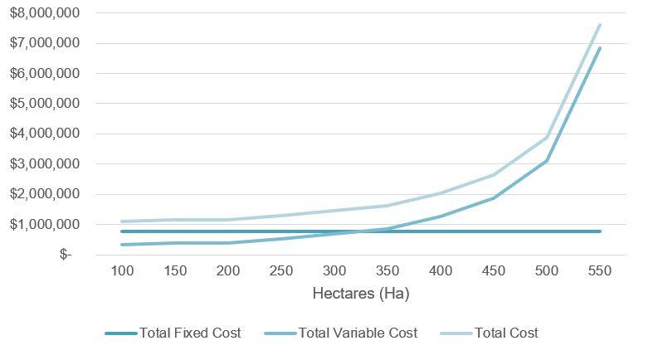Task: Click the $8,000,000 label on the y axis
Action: (45, 13)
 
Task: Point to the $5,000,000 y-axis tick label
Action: (45, 104)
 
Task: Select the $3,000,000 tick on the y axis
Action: (45, 164)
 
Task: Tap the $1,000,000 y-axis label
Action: (45, 225)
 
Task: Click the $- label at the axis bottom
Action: (66, 255)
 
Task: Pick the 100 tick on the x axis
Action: (121, 272)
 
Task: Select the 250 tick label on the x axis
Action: (280, 272)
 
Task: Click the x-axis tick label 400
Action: (440, 272)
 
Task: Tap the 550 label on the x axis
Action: (599, 272)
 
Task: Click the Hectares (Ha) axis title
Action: (360, 294)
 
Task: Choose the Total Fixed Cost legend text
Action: (190, 333)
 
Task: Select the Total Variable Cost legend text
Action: (358, 333)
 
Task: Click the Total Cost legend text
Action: (506, 333)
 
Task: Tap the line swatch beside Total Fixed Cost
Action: (120, 333)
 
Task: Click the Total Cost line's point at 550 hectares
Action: (599, 25)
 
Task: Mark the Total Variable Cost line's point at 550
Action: (599, 48)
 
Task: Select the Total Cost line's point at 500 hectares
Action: (546, 138)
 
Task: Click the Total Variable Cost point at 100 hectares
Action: (121, 245)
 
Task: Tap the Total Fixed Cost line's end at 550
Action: (599, 231)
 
